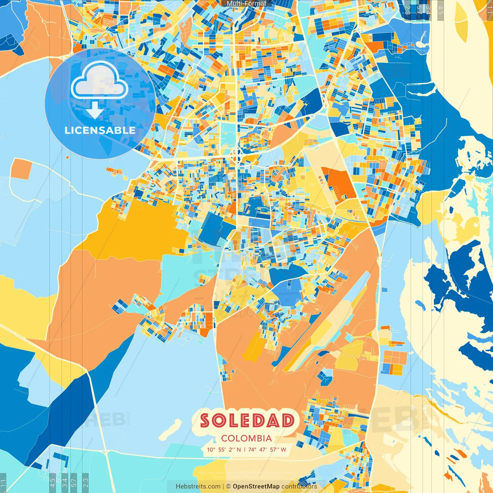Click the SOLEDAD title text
pos(247,420)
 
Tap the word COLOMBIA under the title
pos(246,438)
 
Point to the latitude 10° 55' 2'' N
pos(224,449)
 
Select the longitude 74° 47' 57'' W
pos(267,449)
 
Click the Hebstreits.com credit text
pos(198,486)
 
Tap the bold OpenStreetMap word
pos(256,486)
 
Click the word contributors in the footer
pos(299,486)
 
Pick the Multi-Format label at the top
pos(246,3)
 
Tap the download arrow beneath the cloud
pos(94,110)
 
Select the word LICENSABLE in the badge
pos(100,130)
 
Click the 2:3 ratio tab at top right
pos(407,8)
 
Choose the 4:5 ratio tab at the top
pos(441,8)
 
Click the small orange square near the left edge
pos(21,169)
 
